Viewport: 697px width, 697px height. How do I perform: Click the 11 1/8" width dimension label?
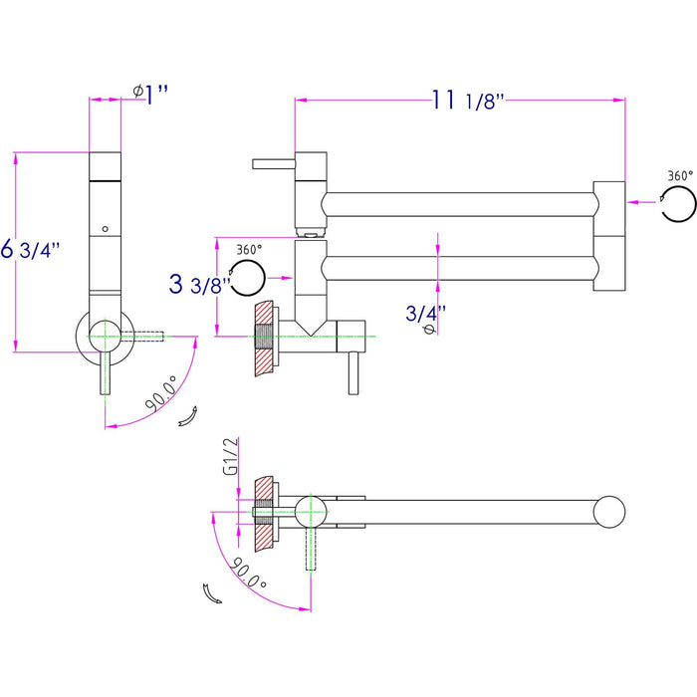(469, 100)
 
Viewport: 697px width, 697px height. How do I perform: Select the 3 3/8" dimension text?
(199, 285)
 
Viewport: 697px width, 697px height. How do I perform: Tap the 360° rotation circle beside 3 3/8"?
(248, 276)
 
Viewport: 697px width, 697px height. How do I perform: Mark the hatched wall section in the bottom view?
(264, 512)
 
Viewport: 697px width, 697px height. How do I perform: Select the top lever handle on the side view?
(272, 161)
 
